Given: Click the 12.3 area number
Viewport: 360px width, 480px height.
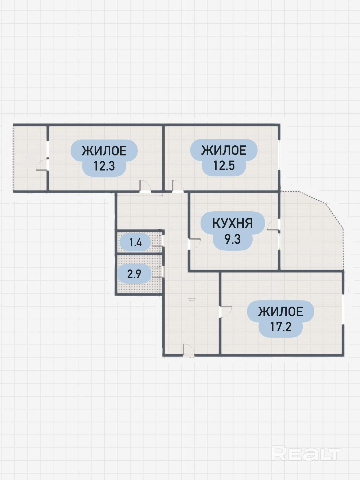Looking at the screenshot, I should (104, 166).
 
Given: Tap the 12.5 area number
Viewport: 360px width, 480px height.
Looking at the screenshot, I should (224, 166).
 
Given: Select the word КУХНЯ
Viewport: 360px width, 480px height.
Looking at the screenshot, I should (232, 223).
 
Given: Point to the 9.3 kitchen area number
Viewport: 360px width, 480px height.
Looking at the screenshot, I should (232, 239).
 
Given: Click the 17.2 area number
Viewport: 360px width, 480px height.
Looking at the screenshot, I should (280, 327).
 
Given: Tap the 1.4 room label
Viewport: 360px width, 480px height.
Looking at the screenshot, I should (135, 242).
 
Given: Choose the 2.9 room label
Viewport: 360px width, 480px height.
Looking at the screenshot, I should (134, 274).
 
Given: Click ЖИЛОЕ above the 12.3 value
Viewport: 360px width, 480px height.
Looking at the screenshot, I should (104, 151).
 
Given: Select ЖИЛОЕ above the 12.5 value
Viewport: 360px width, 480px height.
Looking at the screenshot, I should (224, 150).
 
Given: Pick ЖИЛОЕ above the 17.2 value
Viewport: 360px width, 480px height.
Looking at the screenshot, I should (280, 312).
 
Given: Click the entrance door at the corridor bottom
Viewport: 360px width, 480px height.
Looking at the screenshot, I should (188, 350).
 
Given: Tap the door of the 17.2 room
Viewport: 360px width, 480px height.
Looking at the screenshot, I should (225, 312).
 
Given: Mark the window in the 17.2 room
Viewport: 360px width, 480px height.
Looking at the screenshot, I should (343, 309).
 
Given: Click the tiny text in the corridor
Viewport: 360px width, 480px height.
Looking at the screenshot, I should (192, 299).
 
